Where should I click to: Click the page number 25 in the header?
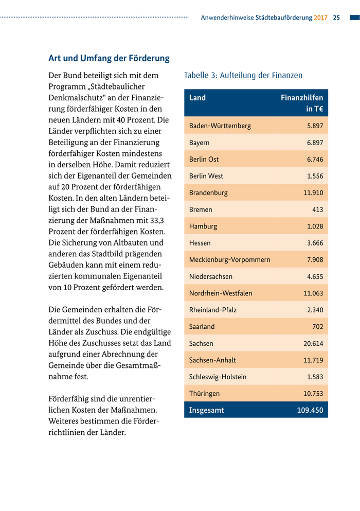point(336,17)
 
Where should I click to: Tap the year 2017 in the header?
point(321,17)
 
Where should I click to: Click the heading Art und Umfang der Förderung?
point(109,59)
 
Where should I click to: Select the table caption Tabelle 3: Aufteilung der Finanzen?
point(243,76)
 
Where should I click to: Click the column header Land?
point(197,98)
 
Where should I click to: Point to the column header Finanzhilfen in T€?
point(302,103)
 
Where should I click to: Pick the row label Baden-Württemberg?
point(220,126)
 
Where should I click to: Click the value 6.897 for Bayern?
point(315,143)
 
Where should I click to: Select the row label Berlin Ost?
point(204,160)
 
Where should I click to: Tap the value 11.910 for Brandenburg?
point(313,193)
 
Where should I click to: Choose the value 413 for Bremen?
point(317,210)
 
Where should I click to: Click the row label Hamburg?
point(203,226)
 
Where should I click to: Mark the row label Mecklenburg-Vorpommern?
point(229,260)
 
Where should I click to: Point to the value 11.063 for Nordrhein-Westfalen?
point(313,293)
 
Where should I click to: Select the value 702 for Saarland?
point(317,327)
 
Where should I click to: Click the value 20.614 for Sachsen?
point(313,344)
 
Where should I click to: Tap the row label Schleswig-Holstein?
point(218,377)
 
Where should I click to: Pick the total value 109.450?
point(310,411)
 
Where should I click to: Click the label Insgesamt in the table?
point(207,411)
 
